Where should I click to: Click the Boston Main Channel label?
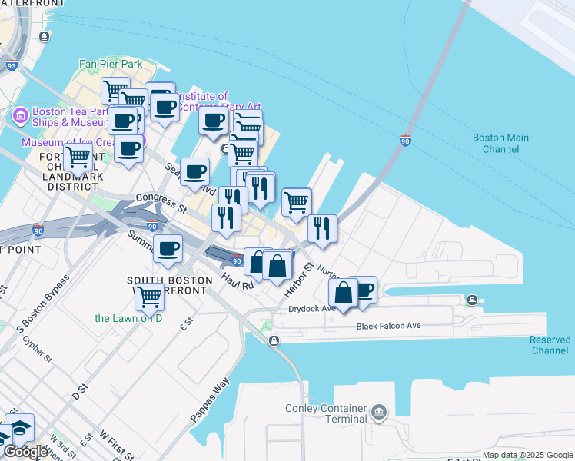(x=500, y=143)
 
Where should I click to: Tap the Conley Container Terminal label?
(x=325, y=413)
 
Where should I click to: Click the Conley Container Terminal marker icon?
(x=378, y=413)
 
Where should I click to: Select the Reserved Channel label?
(x=550, y=345)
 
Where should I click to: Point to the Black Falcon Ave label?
(x=388, y=326)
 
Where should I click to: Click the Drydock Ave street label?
(x=311, y=309)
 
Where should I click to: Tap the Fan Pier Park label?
(x=111, y=64)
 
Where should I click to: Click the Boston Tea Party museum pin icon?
(x=20, y=116)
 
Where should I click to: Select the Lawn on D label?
(x=128, y=318)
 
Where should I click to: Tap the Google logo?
(x=25, y=452)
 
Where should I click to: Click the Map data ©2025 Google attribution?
(x=527, y=455)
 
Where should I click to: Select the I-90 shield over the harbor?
(x=405, y=141)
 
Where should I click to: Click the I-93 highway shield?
(x=11, y=67)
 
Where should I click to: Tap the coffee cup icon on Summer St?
(x=168, y=247)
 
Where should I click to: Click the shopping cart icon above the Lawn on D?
(x=148, y=296)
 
